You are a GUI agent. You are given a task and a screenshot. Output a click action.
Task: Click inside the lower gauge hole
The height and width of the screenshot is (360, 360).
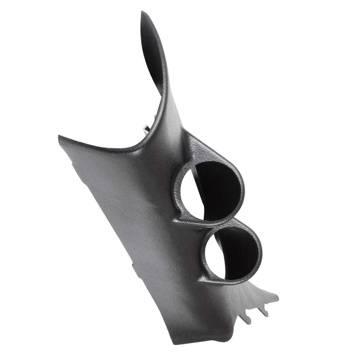237,252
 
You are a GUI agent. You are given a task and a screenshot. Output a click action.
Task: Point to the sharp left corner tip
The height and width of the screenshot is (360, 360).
58,136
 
